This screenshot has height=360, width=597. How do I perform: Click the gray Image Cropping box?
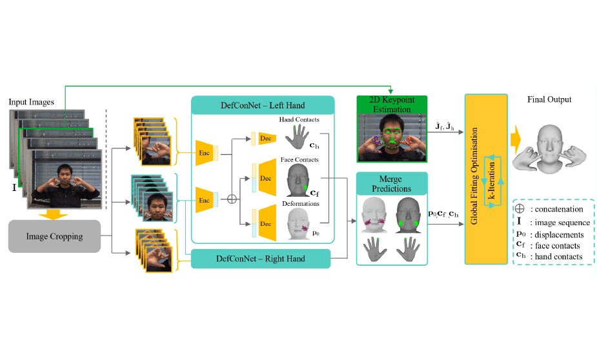click(54, 236)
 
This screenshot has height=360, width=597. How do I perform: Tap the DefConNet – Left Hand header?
click(262, 105)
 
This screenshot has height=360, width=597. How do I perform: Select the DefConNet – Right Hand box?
click(262, 259)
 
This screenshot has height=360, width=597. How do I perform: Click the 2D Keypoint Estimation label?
click(392, 105)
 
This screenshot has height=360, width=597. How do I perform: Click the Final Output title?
click(549, 99)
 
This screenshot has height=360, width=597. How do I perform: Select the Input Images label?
click(31, 102)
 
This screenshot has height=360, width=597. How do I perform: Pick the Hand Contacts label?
click(298, 120)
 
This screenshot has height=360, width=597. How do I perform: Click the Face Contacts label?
click(298, 159)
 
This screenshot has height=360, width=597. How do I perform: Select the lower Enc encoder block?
click(205, 200)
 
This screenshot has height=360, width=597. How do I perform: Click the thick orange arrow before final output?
click(516, 138)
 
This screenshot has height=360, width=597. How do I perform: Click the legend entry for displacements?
click(555, 234)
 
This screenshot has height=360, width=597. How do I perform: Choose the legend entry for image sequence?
click(555, 222)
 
